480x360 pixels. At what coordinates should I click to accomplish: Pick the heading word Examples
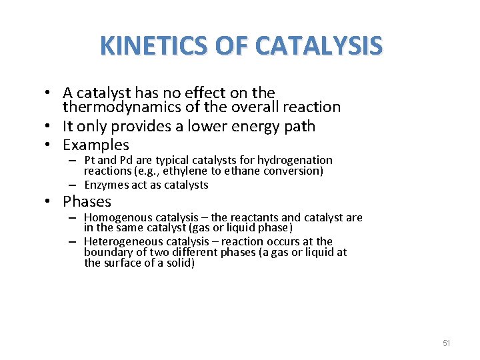[x=96, y=145]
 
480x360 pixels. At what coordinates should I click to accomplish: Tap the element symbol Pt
[x=91, y=160]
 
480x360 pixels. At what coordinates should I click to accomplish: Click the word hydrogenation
[x=295, y=160]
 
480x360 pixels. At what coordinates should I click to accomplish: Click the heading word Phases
[x=87, y=201]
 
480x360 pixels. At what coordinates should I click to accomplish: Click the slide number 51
[x=447, y=343]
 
